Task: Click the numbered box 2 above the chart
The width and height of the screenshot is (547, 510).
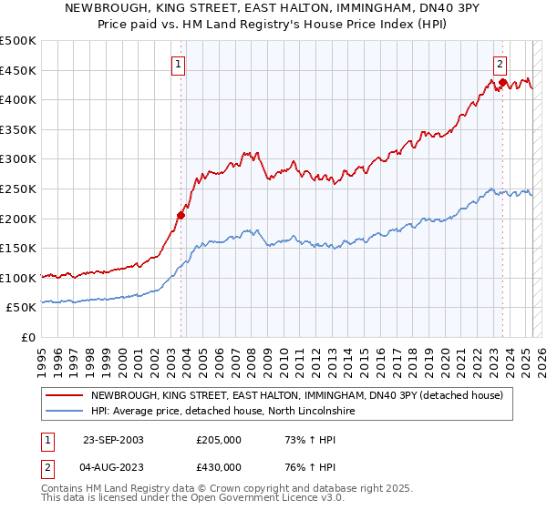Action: [501, 64]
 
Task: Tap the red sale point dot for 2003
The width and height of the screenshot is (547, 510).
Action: [181, 216]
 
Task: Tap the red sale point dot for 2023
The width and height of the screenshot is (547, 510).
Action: [502, 83]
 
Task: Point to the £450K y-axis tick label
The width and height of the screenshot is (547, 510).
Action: [18, 70]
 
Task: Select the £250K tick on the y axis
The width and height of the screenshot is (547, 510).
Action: [18, 189]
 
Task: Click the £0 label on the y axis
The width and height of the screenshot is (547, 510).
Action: [28, 337]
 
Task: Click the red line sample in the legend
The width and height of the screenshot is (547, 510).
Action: [64, 395]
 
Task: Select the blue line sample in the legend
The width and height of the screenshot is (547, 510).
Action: [64, 412]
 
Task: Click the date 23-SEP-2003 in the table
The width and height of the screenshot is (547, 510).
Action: [113, 440]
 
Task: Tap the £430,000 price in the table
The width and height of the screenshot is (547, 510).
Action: [219, 469]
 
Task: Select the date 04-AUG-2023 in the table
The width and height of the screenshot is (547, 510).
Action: [113, 469]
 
